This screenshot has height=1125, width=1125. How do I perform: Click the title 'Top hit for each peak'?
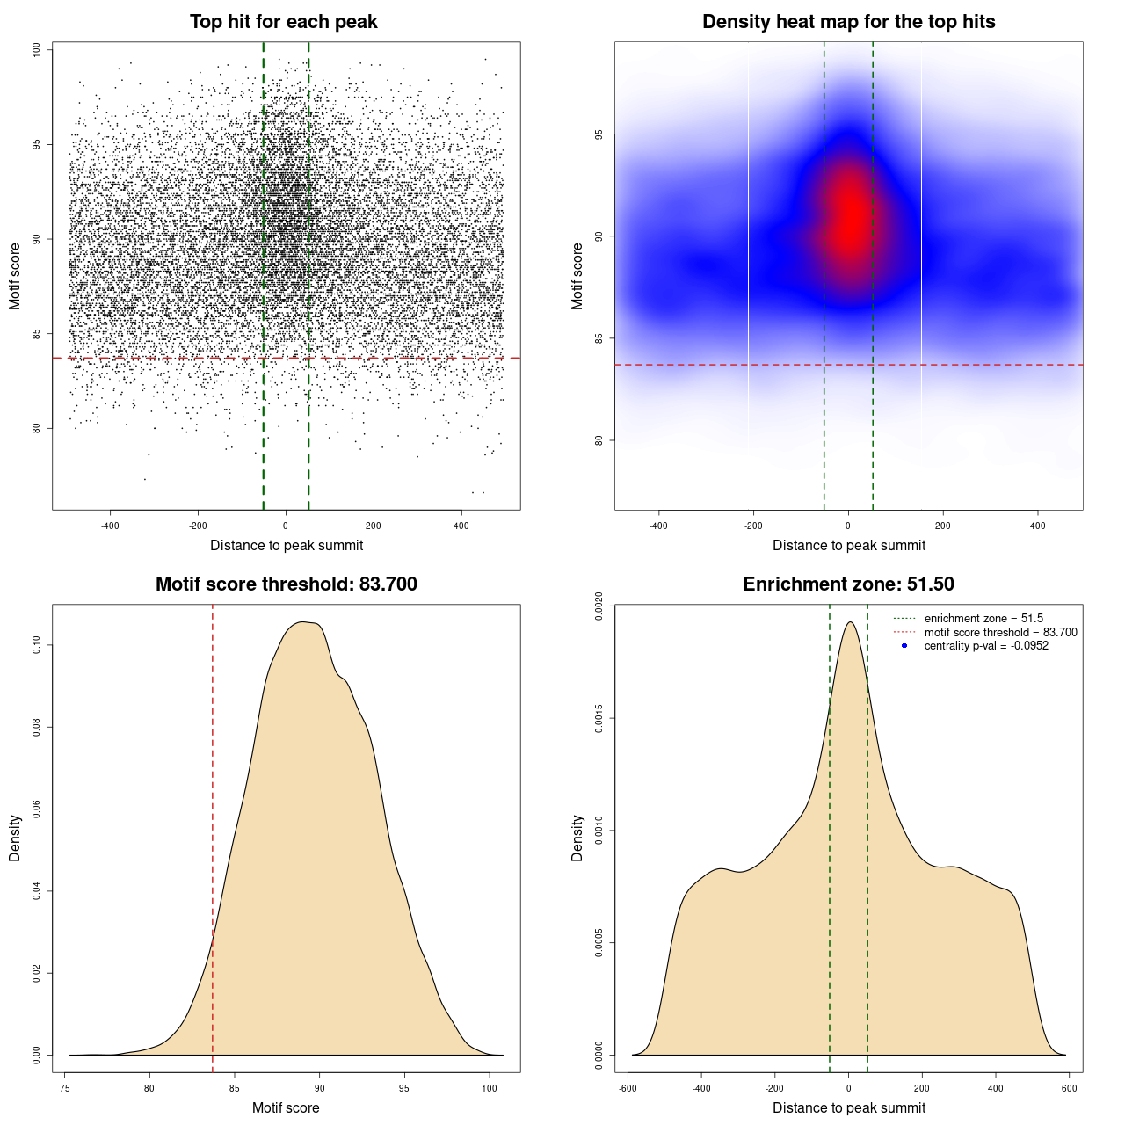click(x=283, y=22)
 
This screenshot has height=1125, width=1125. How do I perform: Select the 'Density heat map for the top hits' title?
click(x=848, y=22)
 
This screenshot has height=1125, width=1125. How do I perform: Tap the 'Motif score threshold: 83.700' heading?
click(x=286, y=584)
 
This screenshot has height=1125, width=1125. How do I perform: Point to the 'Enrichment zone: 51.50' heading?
click(x=848, y=584)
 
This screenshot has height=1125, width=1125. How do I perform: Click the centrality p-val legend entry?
click(x=986, y=646)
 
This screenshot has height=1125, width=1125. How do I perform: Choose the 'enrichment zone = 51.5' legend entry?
click(x=983, y=619)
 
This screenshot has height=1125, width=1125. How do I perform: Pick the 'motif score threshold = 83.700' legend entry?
click(x=1000, y=633)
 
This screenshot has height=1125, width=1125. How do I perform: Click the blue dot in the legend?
click(x=904, y=646)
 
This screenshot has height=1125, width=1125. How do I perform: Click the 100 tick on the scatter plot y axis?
click(x=37, y=50)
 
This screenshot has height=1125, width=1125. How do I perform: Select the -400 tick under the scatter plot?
click(x=110, y=526)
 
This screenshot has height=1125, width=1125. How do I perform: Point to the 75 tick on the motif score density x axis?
click(x=65, y=1088)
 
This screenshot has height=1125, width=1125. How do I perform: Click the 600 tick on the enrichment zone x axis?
click(x=1069, y=1088)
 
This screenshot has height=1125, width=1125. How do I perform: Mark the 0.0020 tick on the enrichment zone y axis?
click(x=599, y=606)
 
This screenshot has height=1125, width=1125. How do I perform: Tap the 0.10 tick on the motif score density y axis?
click(x=37, y=646)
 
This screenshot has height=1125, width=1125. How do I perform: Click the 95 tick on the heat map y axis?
click(x=599, y=134)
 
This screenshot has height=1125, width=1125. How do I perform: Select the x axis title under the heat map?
click(x=848, y=546)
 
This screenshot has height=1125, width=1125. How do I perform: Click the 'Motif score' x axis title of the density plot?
click(x=286, y=1107)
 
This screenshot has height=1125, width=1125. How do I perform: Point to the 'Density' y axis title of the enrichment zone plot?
click(x=577, y=838)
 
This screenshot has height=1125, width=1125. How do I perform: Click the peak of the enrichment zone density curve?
click(x=849, y=622)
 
